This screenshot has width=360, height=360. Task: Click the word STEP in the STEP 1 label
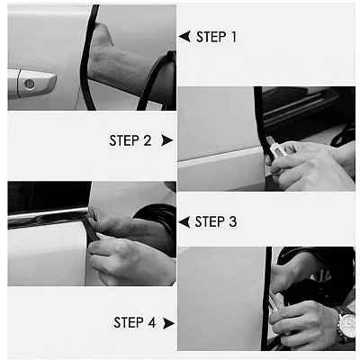pos(211,37)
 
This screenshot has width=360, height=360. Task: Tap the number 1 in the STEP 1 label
pos(233,37)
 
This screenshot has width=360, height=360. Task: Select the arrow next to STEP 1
pos(184,36)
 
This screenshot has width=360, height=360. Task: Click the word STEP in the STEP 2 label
pos(124,140)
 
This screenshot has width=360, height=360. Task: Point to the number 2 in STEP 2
pos(148,140)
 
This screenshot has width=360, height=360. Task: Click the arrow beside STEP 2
pos(166,140)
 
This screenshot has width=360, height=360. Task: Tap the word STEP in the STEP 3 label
pos(210,221)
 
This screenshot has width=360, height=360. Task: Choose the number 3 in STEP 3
pos(232,221)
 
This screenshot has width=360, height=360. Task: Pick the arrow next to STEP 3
pos(184,222)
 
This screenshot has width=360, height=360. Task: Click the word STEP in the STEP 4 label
pos(129,322)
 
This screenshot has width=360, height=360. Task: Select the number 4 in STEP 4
pos(151,322)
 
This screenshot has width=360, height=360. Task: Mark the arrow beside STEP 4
pos(168,323)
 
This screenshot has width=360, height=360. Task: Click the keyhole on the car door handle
pos(29,84)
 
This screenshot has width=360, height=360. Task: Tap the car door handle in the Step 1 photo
pos(31,84)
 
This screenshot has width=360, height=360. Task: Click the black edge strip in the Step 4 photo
pos(266,299)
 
